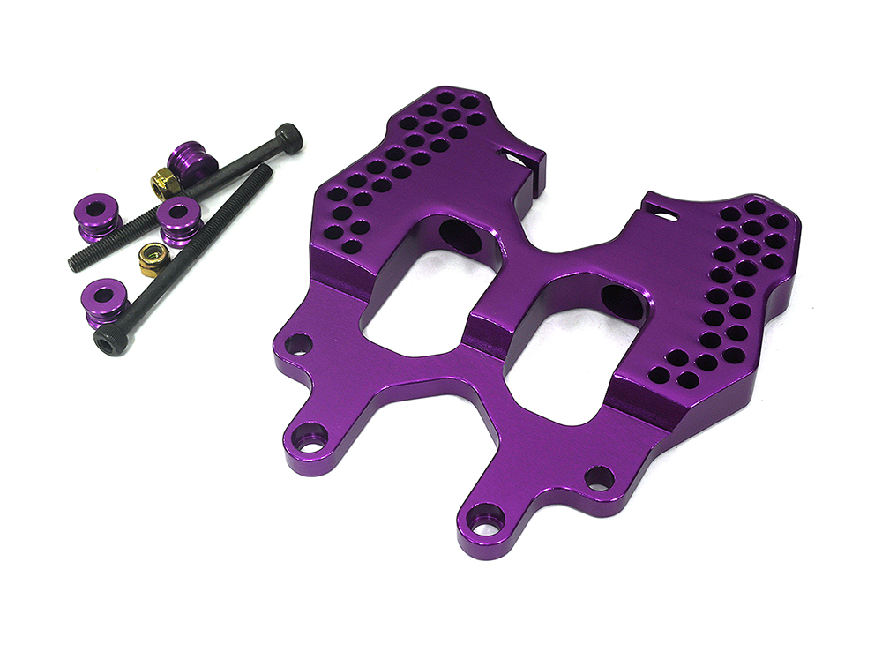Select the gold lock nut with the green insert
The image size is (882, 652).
pos(152,259)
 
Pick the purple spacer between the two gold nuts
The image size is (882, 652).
pos(180,219)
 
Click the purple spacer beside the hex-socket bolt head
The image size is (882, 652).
pos(104,300)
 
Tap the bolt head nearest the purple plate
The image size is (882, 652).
pos(288,138)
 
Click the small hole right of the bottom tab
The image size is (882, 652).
pos(599,478)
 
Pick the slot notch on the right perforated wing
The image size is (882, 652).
pos(660,211)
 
